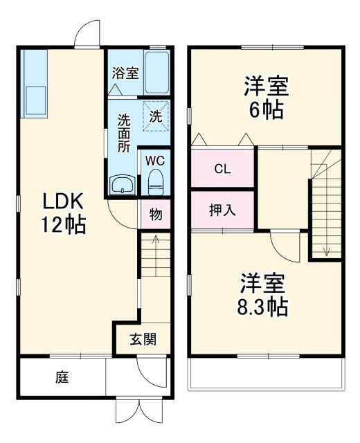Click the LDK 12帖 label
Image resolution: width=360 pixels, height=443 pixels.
click(x=64, y=213)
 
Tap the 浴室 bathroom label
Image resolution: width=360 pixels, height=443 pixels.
click(x=125, y=71)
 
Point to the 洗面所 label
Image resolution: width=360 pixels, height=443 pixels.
click(x=123, y=132)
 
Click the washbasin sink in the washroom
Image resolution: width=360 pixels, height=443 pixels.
click(x=123, y=185)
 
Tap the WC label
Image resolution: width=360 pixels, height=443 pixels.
click(x=155, y=161)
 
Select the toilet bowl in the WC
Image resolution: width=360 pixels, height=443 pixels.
click(x=156, y=183)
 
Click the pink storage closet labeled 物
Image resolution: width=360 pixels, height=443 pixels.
click(x=156, y=215)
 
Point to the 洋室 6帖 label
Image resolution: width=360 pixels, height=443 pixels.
click(x=265, y=98)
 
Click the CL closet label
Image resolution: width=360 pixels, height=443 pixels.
click(x=222, y=168)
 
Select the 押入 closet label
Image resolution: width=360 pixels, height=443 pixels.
click(x=222, y=210)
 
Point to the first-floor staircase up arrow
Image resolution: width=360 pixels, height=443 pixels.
click(x=156, y=243)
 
